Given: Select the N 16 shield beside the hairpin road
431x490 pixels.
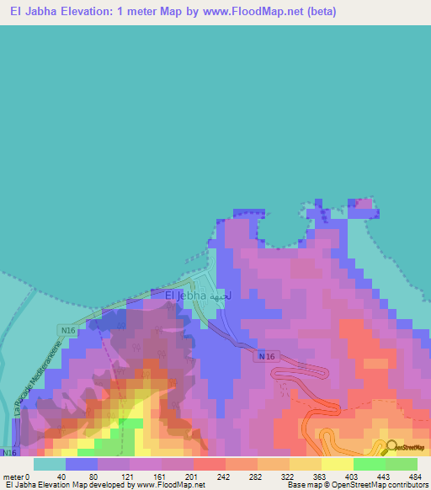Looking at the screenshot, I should click(x=266, y=357).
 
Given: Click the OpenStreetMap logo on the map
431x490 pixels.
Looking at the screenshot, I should click(x=407, y=447).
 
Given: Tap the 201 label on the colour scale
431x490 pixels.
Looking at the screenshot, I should click(x=193, y=477).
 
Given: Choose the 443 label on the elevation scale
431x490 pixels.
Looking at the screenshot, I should click(x=385, y=477).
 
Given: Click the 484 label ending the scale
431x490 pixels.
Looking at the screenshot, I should click(x=415, y=477).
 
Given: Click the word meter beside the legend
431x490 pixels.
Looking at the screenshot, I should click(x=12, y=477).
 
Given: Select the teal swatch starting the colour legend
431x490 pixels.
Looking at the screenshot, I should click(x=50, y=464).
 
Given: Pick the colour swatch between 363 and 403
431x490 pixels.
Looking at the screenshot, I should click(x=337, y=464).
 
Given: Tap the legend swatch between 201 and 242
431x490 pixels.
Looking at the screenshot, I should click(x=210, y=464).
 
